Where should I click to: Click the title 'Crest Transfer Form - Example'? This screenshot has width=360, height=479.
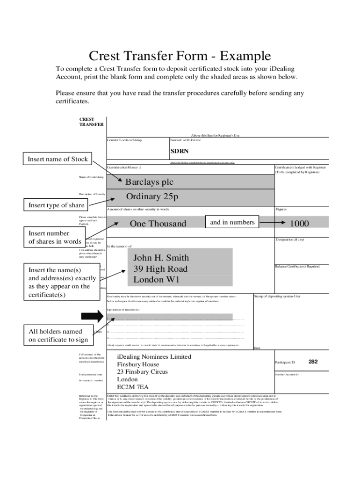(x=180, y=57)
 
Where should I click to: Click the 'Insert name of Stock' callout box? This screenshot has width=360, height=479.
(x=58, y=159)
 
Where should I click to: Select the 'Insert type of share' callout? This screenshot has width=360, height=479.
(x=57, y=205)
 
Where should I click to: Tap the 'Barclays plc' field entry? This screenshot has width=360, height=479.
(x=149, y=181)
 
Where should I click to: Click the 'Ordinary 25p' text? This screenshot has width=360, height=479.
(x=152, y=197)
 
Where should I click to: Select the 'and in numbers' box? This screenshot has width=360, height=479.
(x=232, y=222)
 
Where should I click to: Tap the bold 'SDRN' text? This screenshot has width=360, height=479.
(x=179, y=151)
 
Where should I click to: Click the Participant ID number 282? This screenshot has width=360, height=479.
(x=314, y=362)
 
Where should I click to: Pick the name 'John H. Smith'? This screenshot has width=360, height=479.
(x=161, y=258)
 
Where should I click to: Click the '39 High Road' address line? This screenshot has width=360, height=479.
(x=160, y=269)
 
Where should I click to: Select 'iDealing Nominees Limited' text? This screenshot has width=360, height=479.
(x=154, y=357)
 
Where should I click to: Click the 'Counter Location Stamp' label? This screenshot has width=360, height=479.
(x=124, y=140)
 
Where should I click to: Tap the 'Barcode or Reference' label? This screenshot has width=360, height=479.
(x=186, y=140)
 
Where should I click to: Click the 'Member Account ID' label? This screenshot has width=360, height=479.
(x=287, y=374)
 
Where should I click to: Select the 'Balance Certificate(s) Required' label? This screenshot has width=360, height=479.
(x=297, y=266)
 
